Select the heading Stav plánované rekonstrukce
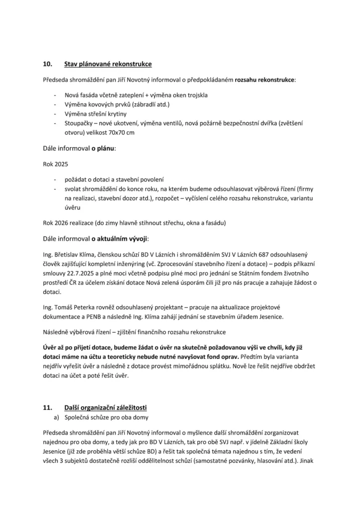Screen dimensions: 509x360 click(108, 64)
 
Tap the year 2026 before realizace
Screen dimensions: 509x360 click(65, 222)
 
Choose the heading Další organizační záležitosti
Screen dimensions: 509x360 click(105, 407)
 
